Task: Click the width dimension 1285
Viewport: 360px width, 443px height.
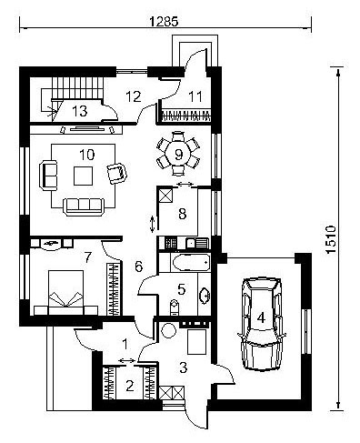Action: tap(164, 22)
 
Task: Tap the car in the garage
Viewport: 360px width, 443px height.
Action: tap(263, 323)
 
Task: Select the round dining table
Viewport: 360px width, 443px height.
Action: tap(178, 155)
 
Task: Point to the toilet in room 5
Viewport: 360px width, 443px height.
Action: tap(174, 307)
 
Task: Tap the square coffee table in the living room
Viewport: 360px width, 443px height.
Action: tap(83, 176)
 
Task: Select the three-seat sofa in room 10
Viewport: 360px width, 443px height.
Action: tap(84, 206)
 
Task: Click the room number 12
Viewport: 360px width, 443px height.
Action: tap(134, 96)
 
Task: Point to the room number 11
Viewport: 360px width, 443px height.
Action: tap(195, 96)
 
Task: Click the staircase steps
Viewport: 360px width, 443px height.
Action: tap(77, 88)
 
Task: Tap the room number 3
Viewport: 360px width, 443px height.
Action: tap(184, 367)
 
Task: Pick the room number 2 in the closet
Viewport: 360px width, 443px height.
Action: tap(130, 386)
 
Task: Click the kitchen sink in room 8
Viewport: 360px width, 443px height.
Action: tap(197, 243)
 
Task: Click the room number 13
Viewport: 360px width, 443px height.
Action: tap(80, 111)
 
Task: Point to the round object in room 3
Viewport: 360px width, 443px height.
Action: tap(168, 330)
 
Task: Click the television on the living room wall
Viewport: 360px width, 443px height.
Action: tap(87, 129)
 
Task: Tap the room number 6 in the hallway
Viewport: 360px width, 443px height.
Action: tap(138, 267)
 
